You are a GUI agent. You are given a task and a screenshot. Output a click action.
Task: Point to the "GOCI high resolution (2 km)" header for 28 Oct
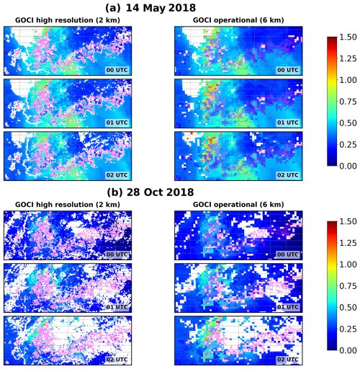(68, 204)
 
